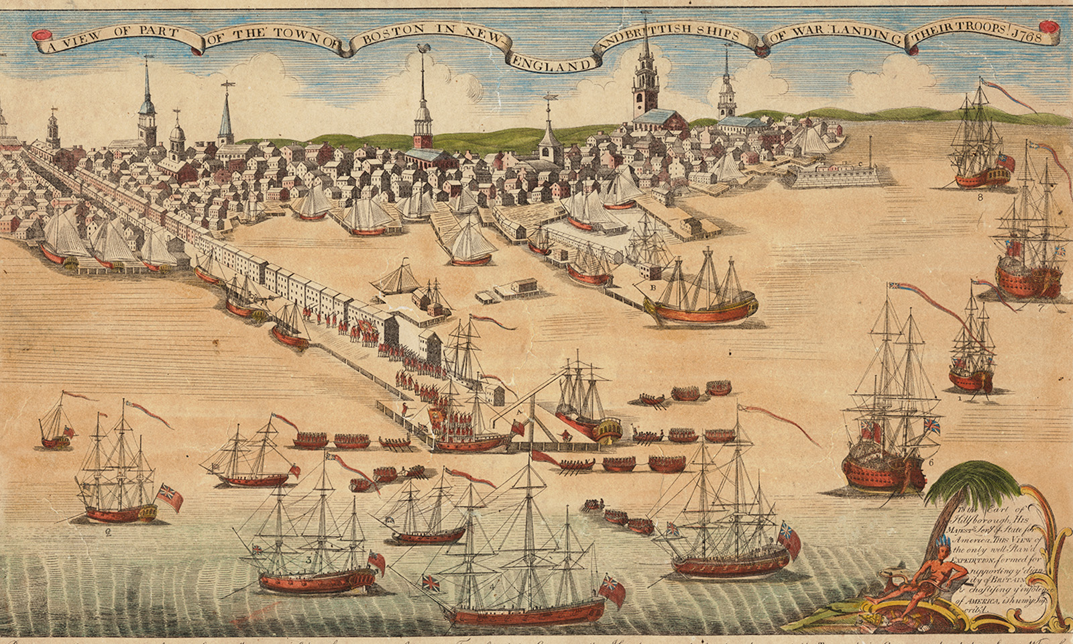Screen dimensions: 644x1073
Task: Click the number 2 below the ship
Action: click(107, 533)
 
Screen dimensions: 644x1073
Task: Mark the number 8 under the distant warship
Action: click(980, 197)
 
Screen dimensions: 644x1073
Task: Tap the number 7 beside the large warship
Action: click(1041, 309)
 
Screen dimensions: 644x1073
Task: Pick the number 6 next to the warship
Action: click(931, 462)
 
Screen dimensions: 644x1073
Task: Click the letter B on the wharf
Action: click(653, 287)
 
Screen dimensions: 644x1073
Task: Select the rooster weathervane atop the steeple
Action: click(422, 50)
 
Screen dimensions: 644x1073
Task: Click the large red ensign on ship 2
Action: click(170, 497)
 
